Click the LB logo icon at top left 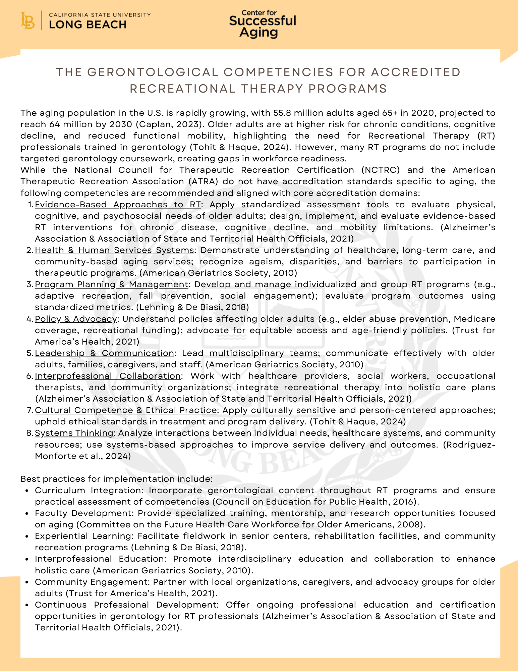pyautogui.click(x=27, y=21)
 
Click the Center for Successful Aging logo pyautogui.click(x=262, y=24)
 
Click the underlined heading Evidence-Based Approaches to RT pyautogui.click(x=118, y=204)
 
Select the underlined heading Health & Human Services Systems pyautogui.click(x=114, y=250)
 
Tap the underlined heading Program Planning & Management pyautogui.click(x=111, y=284)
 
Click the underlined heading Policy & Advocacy pyautogui.click(x=76, y=319)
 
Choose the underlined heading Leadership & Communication pyautogui.click(x=104, y=353)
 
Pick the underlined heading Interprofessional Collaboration pyautogui.click(x=108, y=376)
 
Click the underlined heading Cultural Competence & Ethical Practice pyautogui.click(x=126, y=410)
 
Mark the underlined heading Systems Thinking pyautogui.click(x=74, y=433)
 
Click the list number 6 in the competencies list pyautogui.click(x=29, y=376)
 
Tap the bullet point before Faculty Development pyautogui.click(x=26, y=514)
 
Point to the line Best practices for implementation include pyautogui.click(x=116, y=479)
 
